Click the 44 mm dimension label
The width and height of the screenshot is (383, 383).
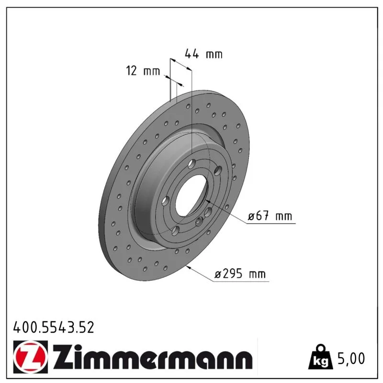[x=203, y=54]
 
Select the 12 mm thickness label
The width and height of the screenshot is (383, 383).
[x=143, y=71]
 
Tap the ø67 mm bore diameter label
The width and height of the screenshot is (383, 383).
[x=270, y=216]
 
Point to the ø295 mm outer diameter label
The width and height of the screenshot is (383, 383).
[x=240, y=273]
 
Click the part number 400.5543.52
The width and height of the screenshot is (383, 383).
[x=54, y=327]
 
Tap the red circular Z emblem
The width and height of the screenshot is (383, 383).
[x=31, y=357]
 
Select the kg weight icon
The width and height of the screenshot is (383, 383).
[x=321, y=357]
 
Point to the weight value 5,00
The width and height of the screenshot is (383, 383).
[x=351, y=358]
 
